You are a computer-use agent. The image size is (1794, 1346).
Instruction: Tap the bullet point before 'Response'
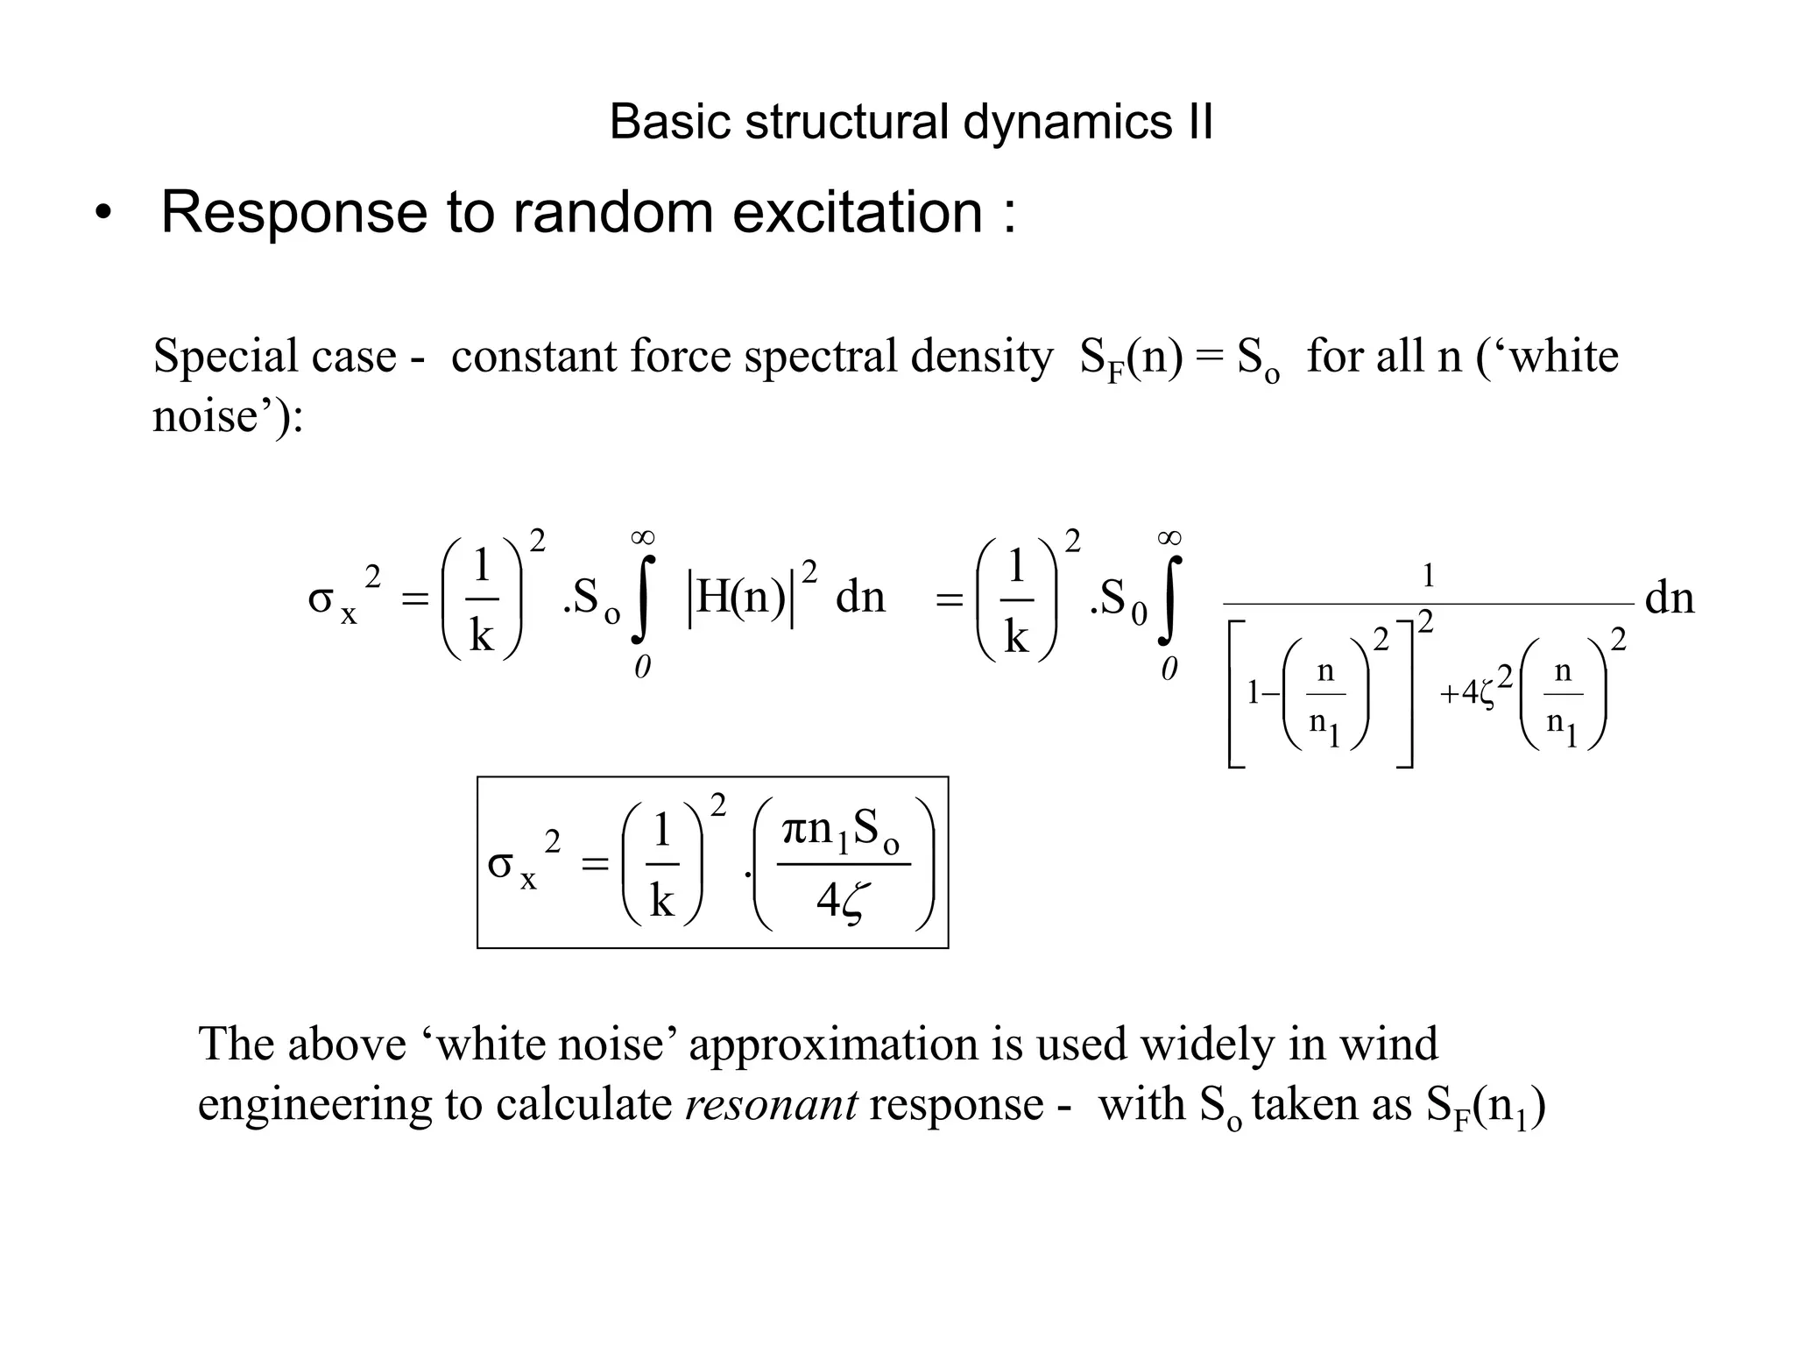(103, 214)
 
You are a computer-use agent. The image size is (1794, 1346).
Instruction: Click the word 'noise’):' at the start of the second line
(228, 415)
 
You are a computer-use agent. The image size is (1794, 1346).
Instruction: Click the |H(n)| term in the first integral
(741, 598)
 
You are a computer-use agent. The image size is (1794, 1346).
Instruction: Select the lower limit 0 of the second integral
(1169, 670)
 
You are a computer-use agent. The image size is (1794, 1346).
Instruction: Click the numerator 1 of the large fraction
(1428, 576)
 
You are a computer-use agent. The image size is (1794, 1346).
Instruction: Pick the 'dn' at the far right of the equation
(1670, 599)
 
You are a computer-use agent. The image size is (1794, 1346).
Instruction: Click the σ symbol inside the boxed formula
(500, 865)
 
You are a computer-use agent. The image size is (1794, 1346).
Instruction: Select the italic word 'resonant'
(771, 1103)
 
